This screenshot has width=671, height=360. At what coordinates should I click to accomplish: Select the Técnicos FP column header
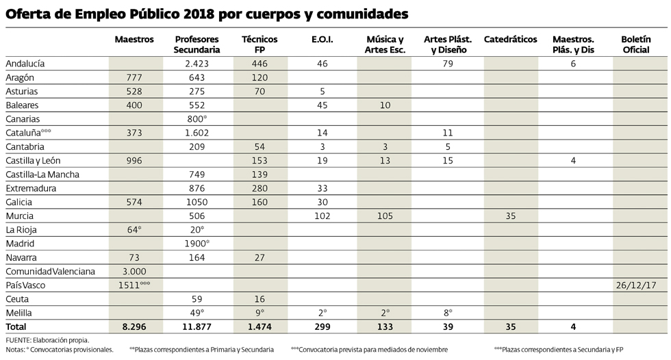tap(259, 44)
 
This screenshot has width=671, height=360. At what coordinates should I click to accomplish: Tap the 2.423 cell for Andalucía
tap(197, 64)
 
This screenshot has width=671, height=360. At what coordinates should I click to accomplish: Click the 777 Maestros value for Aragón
tap(134, 77)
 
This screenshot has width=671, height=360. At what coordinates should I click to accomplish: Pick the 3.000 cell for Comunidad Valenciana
tap(134, 271)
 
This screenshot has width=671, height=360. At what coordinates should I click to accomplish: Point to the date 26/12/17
tap(635, 285)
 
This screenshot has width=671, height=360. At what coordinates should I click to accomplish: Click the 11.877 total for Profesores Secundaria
tap(197, 327)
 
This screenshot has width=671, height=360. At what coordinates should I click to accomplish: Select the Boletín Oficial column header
tap(635, 44)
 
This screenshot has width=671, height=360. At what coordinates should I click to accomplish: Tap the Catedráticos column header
tap(510, 40)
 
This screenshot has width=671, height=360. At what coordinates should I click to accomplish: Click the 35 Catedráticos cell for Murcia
tap(510, 216)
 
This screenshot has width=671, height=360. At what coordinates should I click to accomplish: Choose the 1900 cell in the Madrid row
tap(197, 244)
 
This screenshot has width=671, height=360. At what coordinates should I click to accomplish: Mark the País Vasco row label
tap(26, 285)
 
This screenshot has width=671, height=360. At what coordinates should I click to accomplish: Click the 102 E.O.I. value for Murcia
tap(322, 216)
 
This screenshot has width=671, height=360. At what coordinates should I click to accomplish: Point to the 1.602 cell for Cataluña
tap(197, 133)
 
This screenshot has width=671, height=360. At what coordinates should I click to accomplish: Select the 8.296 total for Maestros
tap(134, 327)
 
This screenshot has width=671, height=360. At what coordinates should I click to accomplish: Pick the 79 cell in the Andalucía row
tap(448, 64)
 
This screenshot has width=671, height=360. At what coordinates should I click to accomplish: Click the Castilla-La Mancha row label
tap(42, 175)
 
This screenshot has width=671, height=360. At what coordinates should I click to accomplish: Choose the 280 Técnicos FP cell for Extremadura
tap(259, 188)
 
